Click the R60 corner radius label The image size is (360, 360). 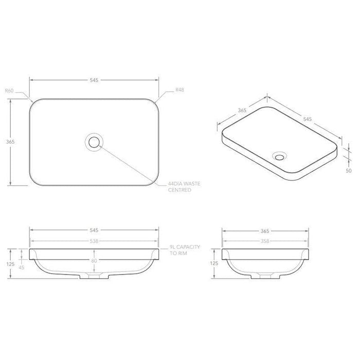coord(9,91)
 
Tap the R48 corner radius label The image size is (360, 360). coord(180,91)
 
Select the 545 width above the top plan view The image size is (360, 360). coord(93,80)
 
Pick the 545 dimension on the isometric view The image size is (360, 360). coord(308,119)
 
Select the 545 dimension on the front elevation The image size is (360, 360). coord(93,231)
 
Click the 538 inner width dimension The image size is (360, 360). coord(93,240)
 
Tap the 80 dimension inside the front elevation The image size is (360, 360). coord(94,261)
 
